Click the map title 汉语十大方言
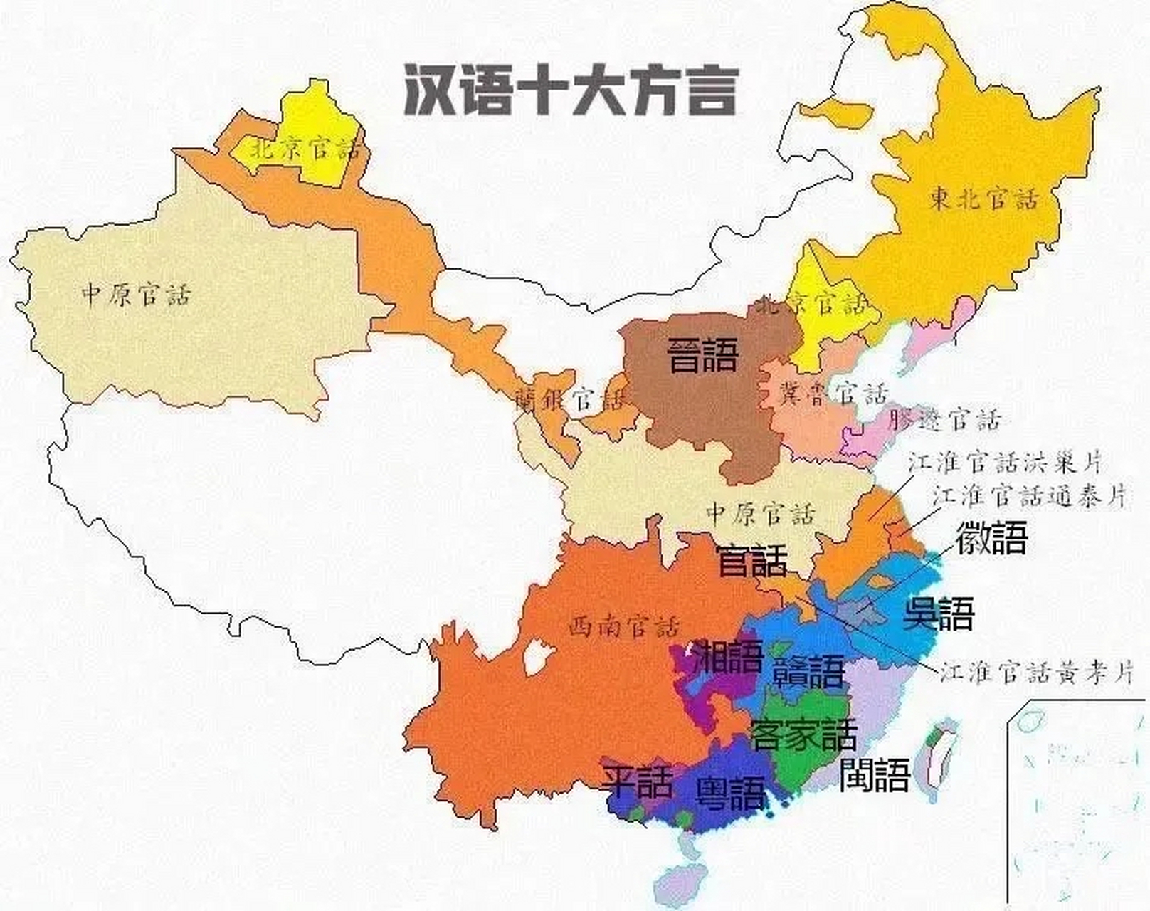(x=569, y=90)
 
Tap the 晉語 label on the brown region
(x=702, y=355)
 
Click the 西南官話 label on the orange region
(x=624, y=627)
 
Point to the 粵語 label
(x=731, y=793)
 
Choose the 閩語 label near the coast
(x=875, y=774)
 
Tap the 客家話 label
(x=803, y=734)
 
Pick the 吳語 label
(x=938, y=613)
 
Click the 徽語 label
(x=991, y=537)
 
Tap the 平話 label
(x=636, y=781)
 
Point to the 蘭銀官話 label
(x=569, y=401)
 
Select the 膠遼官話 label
(x=944, y=420)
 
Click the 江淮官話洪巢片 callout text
(x=1004, y=462)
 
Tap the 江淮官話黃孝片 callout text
(x=1036, y=672)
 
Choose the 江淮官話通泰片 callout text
(x=1030, y=496)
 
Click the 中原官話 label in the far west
(x=136, y=294)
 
